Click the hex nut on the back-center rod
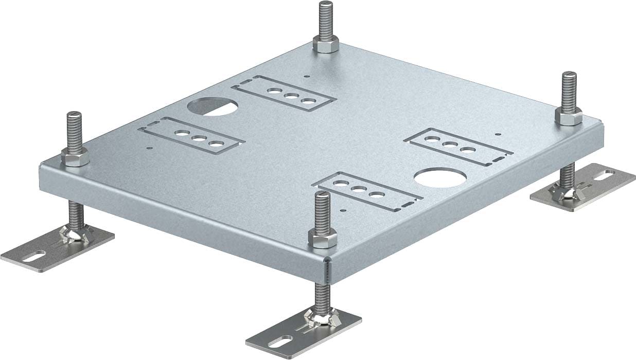pos(325,46)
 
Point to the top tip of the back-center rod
pos(325,4)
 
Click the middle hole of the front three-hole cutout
pos(358,189)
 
